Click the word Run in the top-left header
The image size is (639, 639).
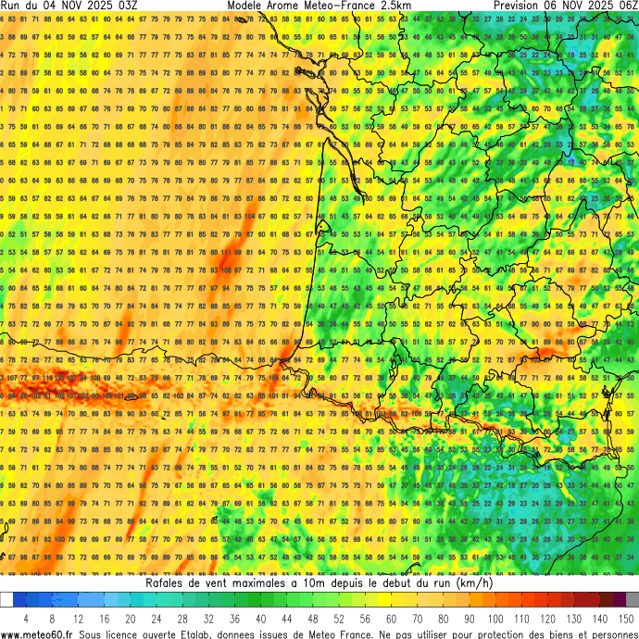[12, 6]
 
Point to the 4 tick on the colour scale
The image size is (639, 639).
[26, 618]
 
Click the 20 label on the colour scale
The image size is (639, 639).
[131, 618]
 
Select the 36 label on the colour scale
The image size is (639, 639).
[235, 618]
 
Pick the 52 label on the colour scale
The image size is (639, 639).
[339, 618]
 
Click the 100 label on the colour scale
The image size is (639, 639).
[495, 618]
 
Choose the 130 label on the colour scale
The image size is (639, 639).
[574, 618]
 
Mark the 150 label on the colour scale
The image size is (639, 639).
[626, 618]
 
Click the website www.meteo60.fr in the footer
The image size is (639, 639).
[38, 633]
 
